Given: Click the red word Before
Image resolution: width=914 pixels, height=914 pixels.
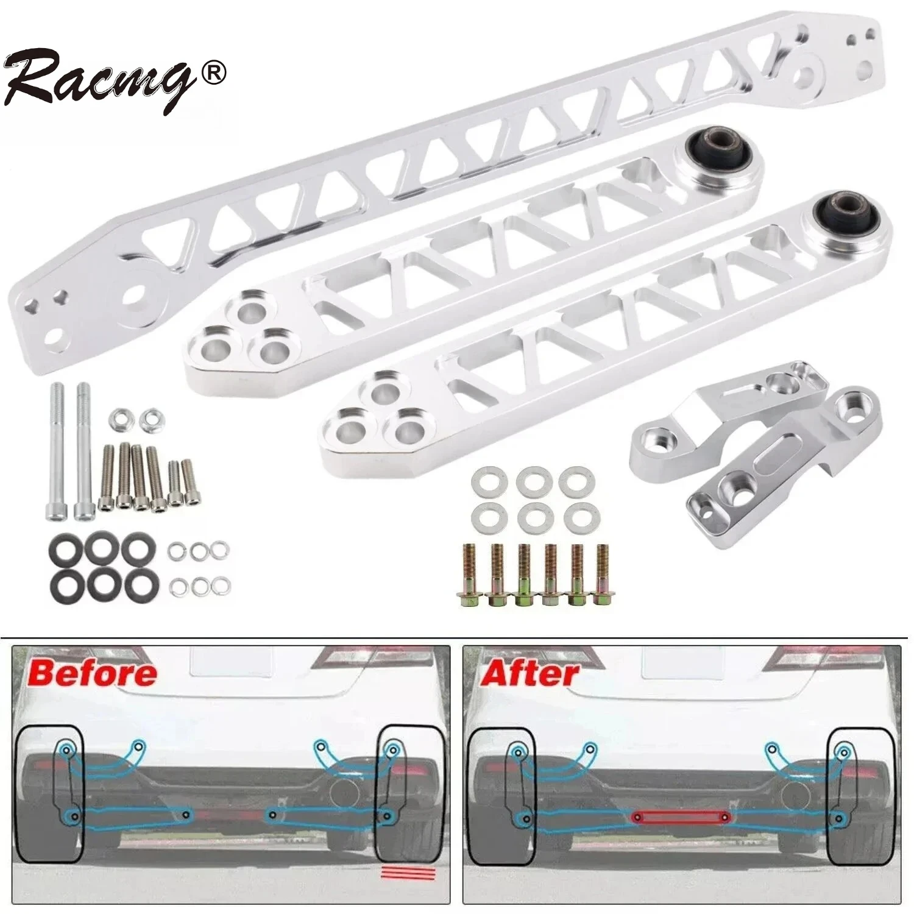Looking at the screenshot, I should (92, 673).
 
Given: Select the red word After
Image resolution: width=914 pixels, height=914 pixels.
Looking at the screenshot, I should (530, 673).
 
